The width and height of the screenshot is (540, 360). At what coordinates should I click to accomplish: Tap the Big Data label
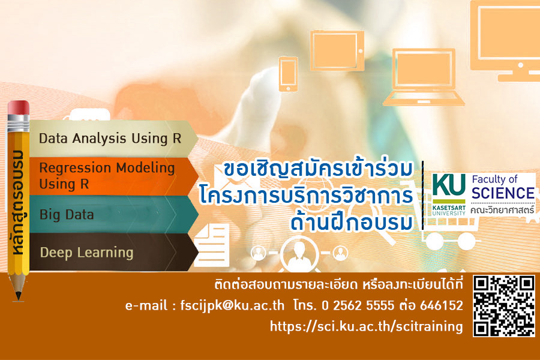pyautogui.click(x=67, y=215)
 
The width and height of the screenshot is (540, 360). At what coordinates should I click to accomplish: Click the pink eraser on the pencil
pyautogui.click(x=19, y=108)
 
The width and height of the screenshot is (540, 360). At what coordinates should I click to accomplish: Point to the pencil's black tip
pyautogui.click(x=19, y=296)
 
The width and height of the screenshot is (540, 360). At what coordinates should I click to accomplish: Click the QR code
pyautogui.click(x=504, y=306)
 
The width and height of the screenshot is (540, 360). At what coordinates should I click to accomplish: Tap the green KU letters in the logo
pyautogui.click(x=449, y=185)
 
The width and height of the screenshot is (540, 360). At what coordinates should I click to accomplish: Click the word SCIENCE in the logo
pyautogui.click(x=503, y=193)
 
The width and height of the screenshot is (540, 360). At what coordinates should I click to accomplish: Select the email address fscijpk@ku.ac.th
pyautogui.click(x=232, y=305)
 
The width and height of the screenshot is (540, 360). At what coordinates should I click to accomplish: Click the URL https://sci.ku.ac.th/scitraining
pyautogui.click(x=367, y=326)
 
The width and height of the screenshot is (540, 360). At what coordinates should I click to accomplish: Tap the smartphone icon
pyautogui.click(x=288, y=74)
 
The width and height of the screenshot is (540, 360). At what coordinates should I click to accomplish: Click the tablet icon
pyautogui.click(x=337, y=50)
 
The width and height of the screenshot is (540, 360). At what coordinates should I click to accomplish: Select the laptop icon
pyautogui.click(x=423, y=77)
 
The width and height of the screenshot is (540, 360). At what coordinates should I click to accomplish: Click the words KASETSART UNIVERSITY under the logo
pyautogui.click(x=449, y=211)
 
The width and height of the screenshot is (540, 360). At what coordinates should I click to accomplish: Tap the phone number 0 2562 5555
pyautogui.click(x=358, y=305)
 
